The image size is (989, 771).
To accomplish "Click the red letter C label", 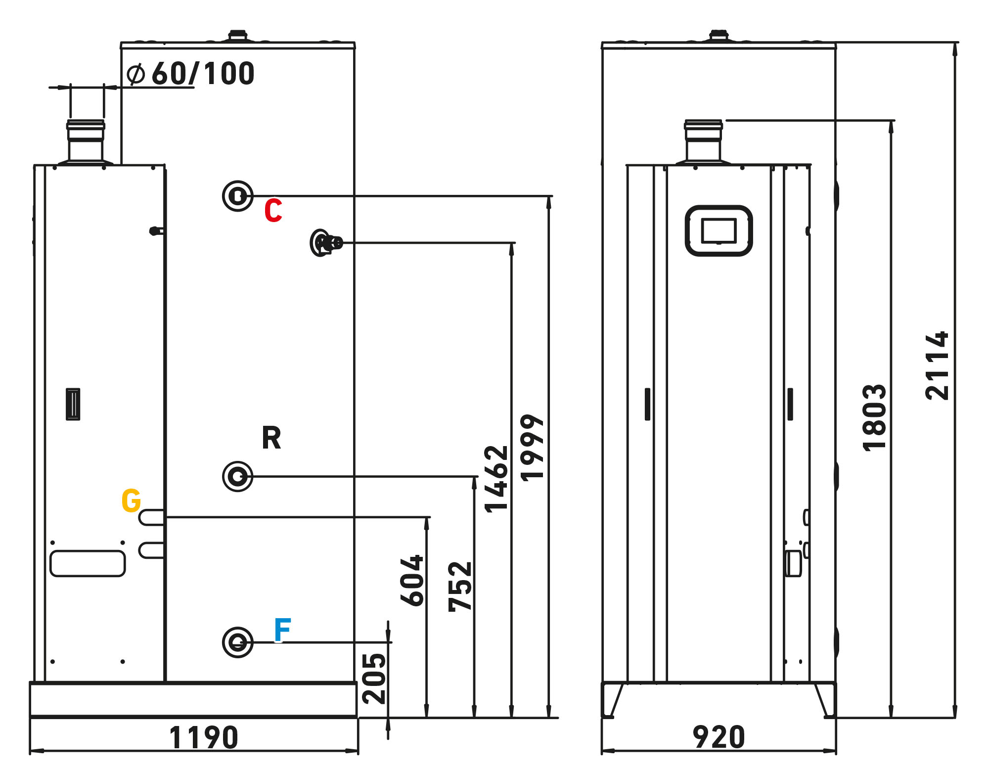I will pyautogui.click(x=273, y=211).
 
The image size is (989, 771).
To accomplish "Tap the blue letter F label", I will pyautogui.click(x=282, y=630).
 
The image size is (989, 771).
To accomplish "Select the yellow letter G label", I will pyautogui.click(x=131, y=500).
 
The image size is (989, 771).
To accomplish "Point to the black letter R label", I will pyautogui.click(x=271, y=438).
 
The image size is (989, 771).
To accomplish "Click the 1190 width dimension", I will pyautogui.click(x=204, y=737).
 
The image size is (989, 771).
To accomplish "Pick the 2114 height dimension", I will pyautogui.click(x=937, y=366).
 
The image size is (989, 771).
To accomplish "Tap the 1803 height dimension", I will pyautogui.click(x=874, y=417).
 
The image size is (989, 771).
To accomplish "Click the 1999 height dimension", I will pyautogui.click(x=533, y=448).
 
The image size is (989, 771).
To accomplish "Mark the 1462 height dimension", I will pyautogui.click(x=496, y=479).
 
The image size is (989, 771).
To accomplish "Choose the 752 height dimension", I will pyautogui.click(x=460, y=587).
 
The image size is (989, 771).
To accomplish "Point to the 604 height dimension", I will pyautogui.click(x=412, y=581).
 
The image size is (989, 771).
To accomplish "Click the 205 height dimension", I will pyautogui.click(x=374, y=679).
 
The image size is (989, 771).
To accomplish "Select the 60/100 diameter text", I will pyautogui.click(x=203, y=74).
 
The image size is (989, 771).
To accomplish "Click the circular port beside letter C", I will pyautogui.click(x=238, y=196).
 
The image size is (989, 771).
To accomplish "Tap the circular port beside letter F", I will pyautogui.click(x=238, y=642).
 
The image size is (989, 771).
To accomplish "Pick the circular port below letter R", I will pyautogui.click(x=238, y=476).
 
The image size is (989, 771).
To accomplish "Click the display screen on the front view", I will pyautogui.click(x=719, y=230).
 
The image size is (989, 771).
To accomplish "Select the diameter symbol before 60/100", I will pyautogui.click(x=135, y=74).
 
